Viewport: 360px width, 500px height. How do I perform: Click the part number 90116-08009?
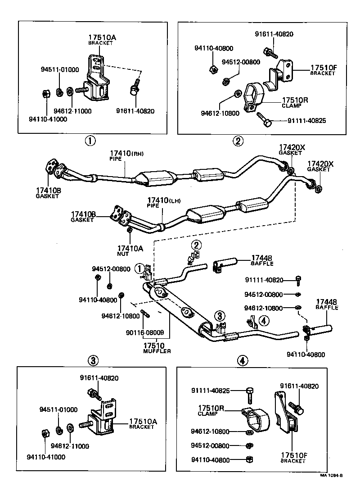145,332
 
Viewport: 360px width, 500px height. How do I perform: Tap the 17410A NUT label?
130,250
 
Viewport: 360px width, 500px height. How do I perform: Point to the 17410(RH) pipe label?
127,155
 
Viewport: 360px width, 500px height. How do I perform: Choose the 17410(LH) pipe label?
164,203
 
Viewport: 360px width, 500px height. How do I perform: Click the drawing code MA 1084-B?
331,475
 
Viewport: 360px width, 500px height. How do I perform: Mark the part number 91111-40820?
264,280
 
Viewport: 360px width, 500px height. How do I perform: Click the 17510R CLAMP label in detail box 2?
295,102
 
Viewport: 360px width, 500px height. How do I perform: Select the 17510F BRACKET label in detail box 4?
294,458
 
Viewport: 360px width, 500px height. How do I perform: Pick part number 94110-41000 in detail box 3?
46,457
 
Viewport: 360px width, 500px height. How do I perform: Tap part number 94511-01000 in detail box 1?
60,69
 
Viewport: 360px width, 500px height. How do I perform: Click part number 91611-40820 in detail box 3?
99,378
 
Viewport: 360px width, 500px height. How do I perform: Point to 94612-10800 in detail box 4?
210,432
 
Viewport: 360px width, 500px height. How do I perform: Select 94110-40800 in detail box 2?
214,48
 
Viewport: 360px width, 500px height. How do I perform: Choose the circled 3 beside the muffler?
220,316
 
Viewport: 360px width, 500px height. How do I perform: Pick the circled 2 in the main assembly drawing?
196,245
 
